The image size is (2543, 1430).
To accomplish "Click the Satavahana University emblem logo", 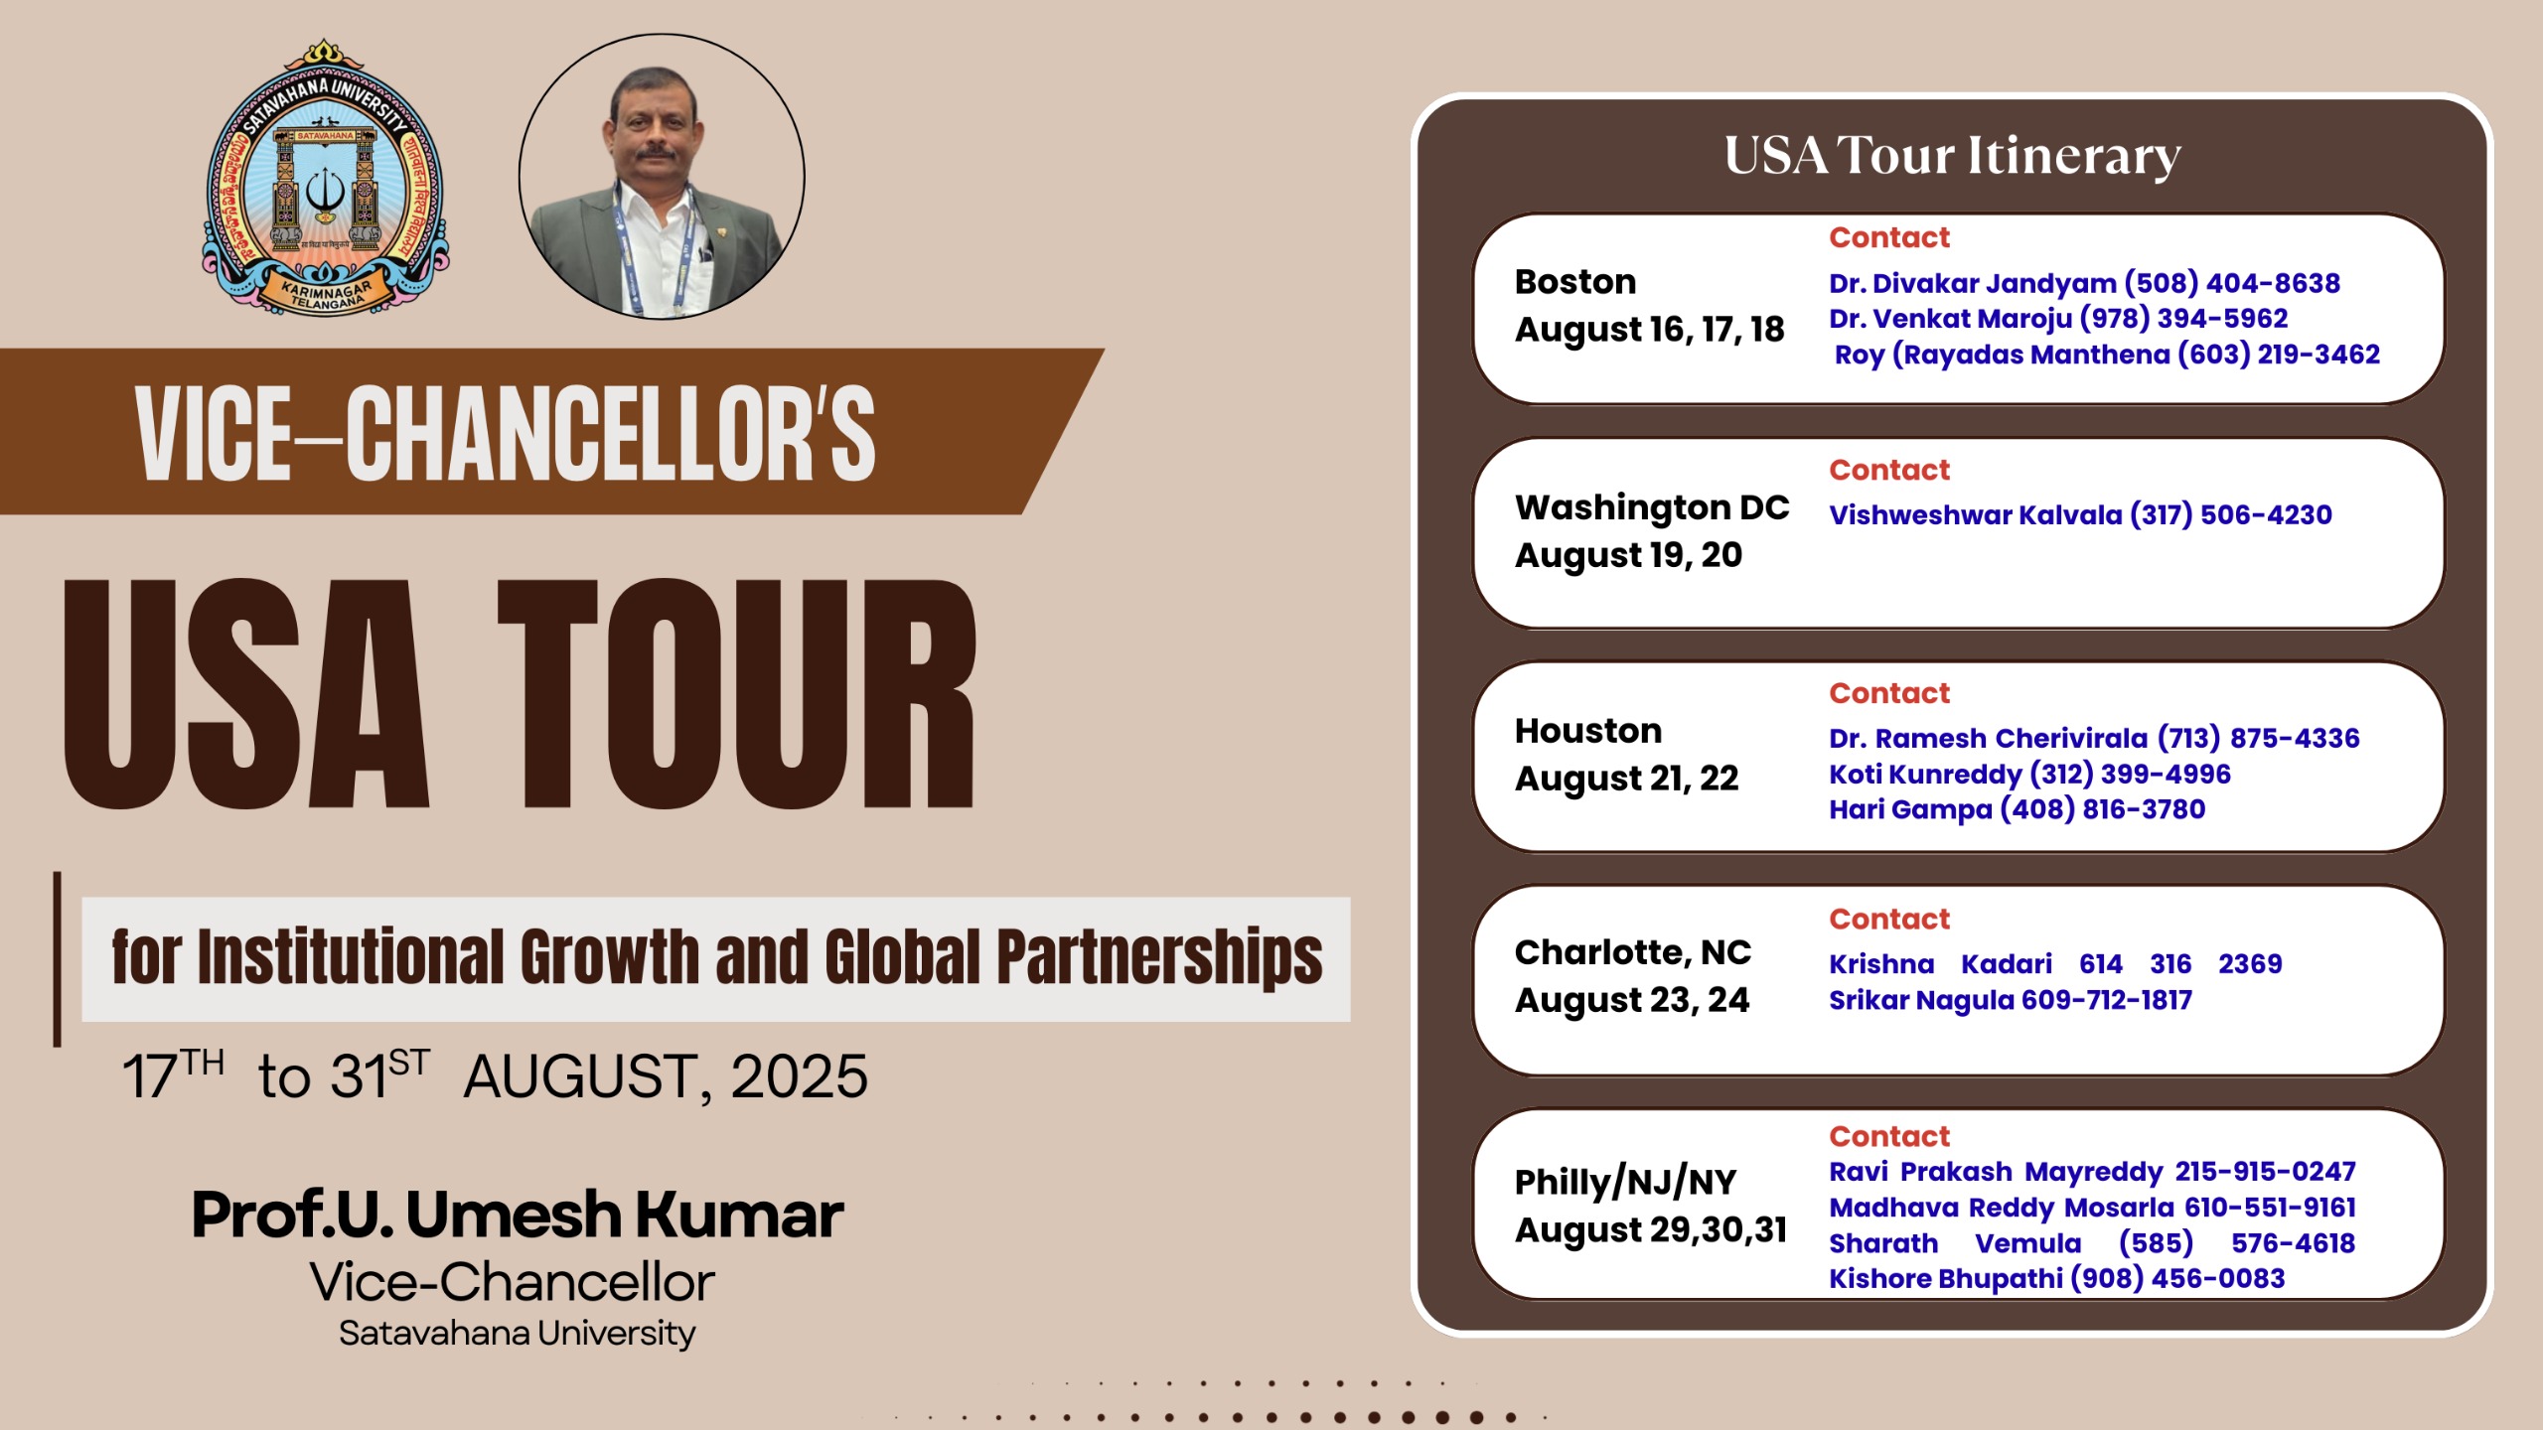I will tap(325, 179).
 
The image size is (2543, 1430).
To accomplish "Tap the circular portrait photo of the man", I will tap(662, 177).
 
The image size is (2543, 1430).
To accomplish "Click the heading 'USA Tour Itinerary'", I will tap(1952, 156).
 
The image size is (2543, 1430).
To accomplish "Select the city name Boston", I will tap(1574, 282).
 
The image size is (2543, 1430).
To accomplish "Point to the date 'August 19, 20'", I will tap(1628, 555).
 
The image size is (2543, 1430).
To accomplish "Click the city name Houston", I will tap(1587, 731).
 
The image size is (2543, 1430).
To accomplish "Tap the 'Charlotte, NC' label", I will tap(1632, 952).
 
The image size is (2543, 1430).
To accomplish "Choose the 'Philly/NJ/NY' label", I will tap(1625, 1182).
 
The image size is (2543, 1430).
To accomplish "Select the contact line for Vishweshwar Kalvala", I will tap(2080, 514).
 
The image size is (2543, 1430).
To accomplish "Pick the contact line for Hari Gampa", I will tap(2017, 809).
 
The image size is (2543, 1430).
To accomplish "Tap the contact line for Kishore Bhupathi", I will tap(2056, 1278).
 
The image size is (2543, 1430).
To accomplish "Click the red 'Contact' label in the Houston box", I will tap(1889, 693).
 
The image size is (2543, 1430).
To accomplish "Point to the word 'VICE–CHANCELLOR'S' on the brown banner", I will tap(506, 433).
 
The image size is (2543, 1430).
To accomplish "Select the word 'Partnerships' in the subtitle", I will tap(1158, 957).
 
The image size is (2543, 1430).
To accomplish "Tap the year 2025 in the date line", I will tap(799, 1076).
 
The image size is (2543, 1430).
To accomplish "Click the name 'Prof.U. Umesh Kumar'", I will tap(517, 1214).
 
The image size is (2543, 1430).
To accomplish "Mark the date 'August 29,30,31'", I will tap(1650, 1230).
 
